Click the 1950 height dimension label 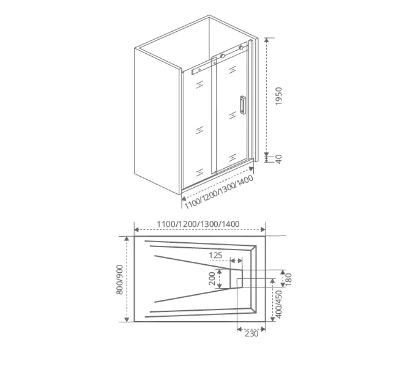278,97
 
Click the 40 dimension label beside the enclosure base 278,159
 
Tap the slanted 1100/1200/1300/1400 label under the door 218,191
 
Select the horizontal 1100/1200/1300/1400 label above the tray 198,224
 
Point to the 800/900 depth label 119,280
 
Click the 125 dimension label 215,256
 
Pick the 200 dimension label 212,278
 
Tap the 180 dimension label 288,280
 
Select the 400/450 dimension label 278,304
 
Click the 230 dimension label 251,334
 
